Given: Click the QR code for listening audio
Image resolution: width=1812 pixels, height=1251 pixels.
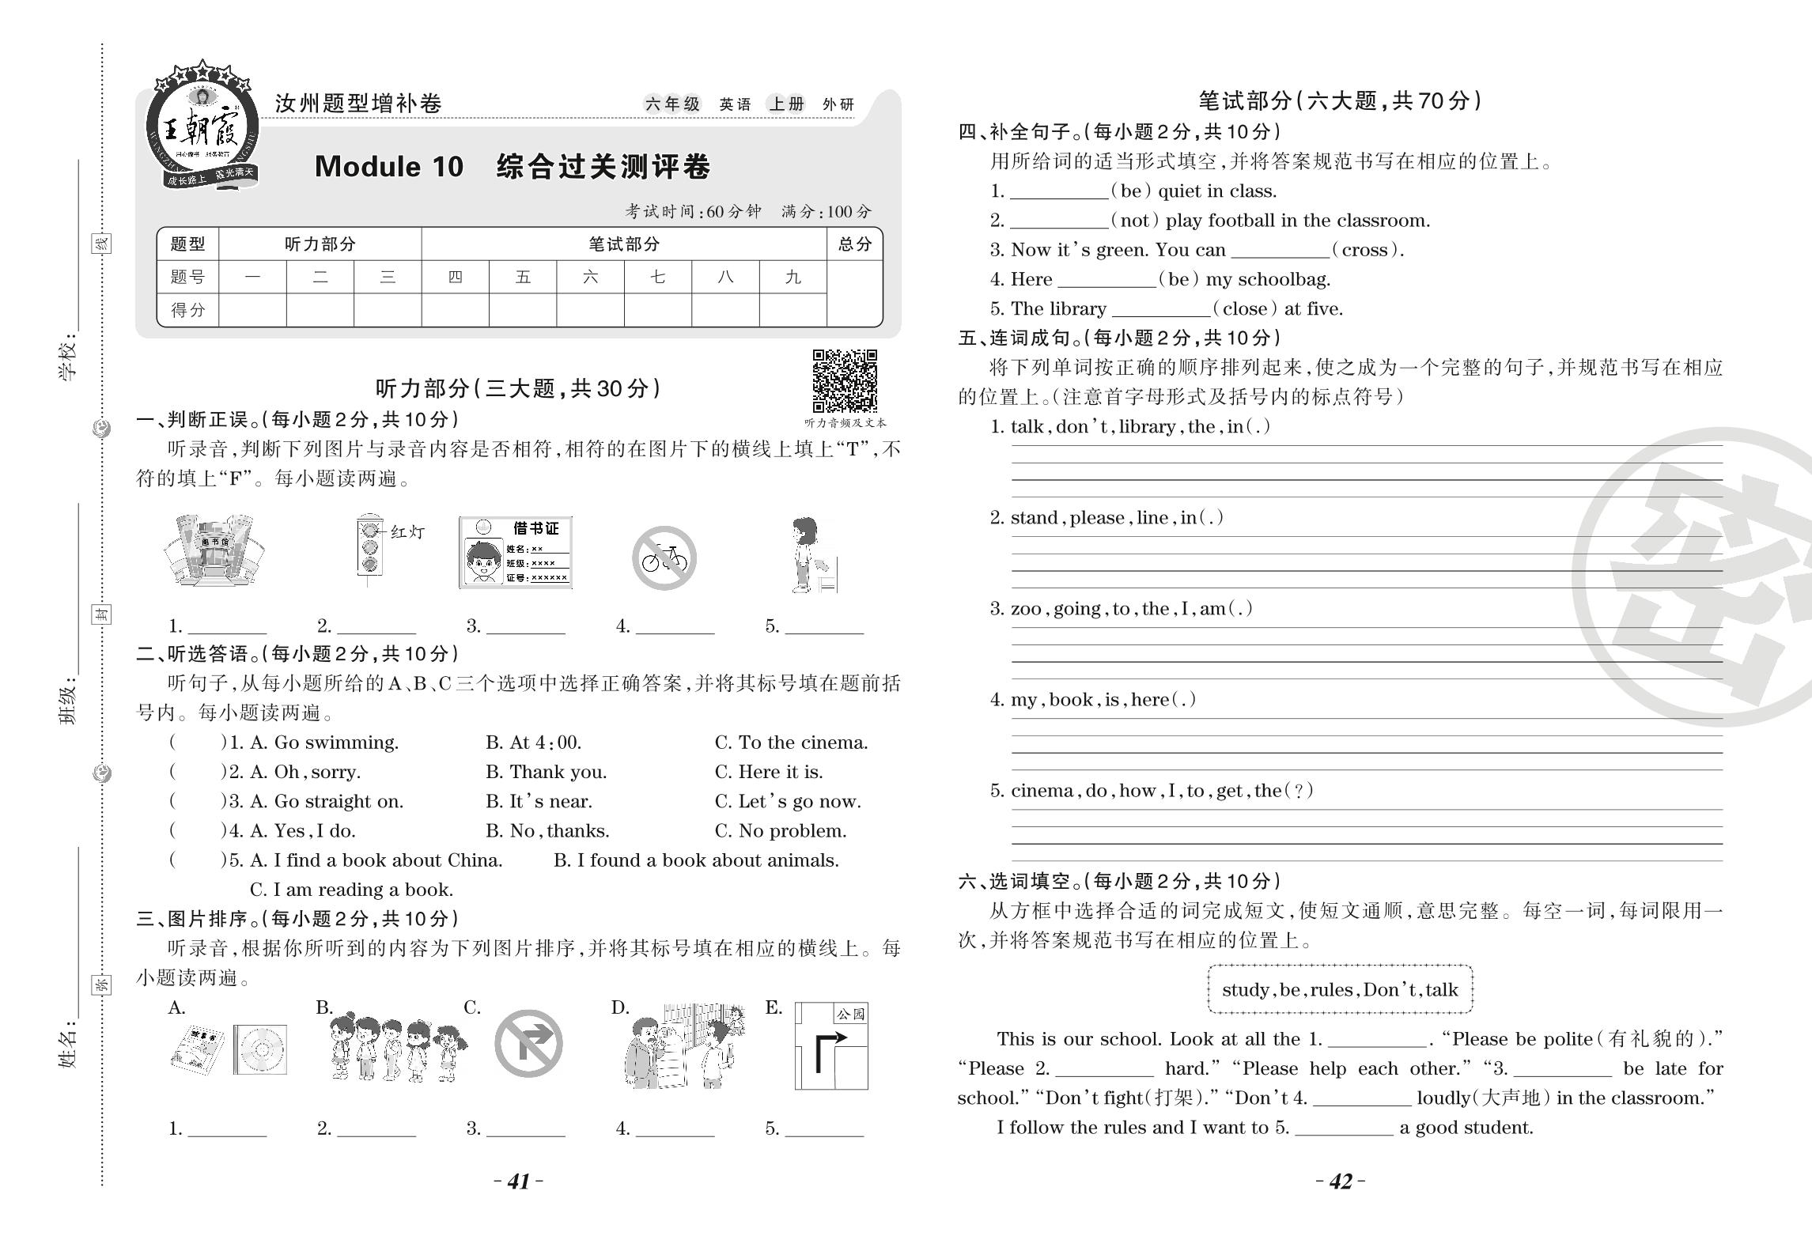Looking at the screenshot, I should pos(845,381).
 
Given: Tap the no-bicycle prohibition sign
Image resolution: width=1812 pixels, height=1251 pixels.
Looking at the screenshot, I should pos(664,558).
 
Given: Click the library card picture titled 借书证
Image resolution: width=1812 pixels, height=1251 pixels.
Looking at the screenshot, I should pos(516,553).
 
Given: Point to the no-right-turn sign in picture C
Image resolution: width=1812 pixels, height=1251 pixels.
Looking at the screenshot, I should pos(528,1043).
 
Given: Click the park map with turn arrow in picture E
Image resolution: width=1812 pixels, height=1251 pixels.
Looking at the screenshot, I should pos(831,1045).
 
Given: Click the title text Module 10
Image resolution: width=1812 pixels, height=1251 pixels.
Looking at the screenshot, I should pos(388,166).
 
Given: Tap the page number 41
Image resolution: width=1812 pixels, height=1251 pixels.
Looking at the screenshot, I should pos(519,1181).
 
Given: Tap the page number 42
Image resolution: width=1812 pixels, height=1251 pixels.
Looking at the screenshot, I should pos(1341,1181).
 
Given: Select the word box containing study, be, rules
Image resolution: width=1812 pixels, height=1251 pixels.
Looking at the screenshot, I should pos(1340,989).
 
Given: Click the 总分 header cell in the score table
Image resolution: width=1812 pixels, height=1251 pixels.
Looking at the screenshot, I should pos(854,244).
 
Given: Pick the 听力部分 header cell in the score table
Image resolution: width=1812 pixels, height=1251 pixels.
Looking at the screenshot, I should pos(320,244).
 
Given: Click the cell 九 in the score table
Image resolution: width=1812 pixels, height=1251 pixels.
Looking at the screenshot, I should pos(793,277).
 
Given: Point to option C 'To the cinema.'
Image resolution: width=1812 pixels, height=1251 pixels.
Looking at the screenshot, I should pos(791,743).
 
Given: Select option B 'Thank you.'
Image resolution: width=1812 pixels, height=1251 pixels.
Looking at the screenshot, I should pos(546,772).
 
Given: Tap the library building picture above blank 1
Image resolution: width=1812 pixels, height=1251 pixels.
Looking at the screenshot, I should pos(214,550).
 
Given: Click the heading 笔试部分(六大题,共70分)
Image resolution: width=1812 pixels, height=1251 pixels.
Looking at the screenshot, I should pos(1340,100).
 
